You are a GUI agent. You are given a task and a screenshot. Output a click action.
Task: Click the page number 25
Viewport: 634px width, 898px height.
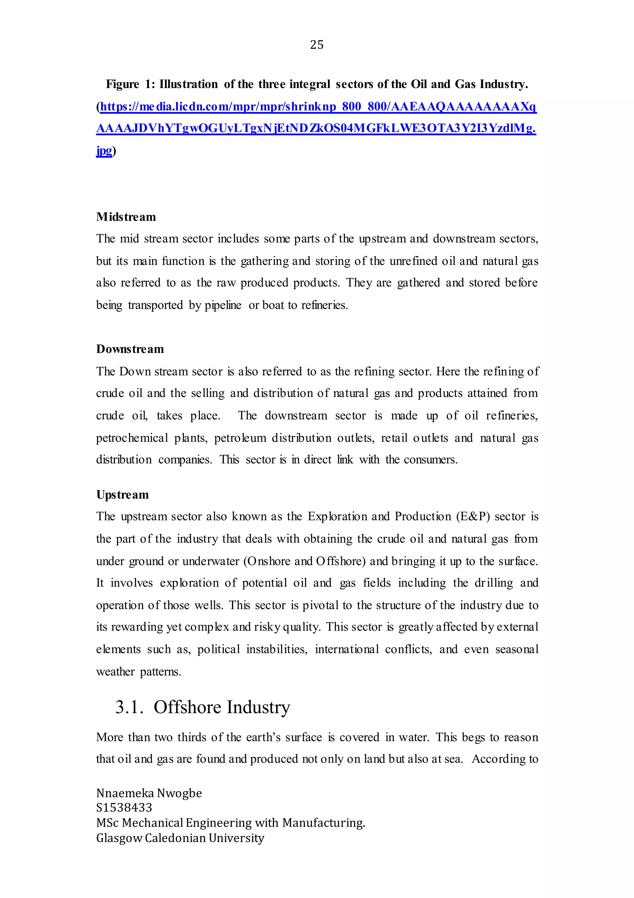[x=316, y=45]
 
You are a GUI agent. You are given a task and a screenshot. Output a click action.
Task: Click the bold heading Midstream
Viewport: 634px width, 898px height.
[x=126, y=217]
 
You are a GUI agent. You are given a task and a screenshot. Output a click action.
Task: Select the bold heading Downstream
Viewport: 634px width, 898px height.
[x=130, y=349]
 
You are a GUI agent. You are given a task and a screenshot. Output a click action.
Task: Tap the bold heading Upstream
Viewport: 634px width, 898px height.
[x=122, y=495]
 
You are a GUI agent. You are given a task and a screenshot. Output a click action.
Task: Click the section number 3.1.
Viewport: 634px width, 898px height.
[x=129, y=707]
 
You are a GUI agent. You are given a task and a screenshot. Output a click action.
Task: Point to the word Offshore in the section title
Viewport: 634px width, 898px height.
[x=187, y=707]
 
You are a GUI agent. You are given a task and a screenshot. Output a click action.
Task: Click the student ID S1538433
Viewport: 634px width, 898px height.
[x=124, y=808]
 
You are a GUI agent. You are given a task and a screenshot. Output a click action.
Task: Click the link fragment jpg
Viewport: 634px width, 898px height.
[x=104, y=151]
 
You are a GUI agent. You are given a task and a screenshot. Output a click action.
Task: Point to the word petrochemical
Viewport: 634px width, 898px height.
[x=132, y=438]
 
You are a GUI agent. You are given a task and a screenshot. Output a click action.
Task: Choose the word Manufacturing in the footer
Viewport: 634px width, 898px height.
[x=324, y=823]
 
